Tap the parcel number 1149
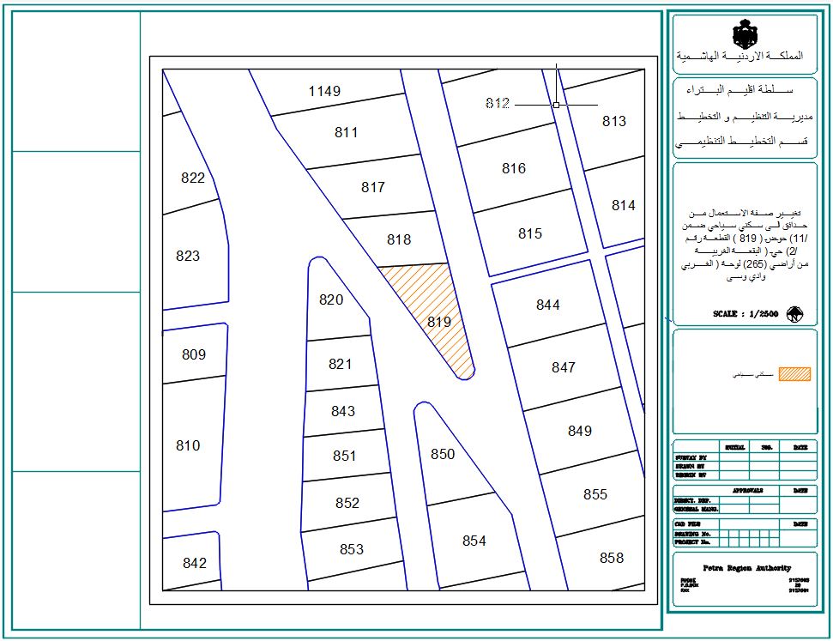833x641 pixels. click(325, 91)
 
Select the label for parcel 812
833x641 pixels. click(498, 104)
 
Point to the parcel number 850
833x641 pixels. click(443, 454)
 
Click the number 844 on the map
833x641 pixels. click(547, 305)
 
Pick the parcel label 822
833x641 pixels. click(193, 178)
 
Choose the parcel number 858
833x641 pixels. click(612, 558)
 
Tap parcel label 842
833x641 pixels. click(195, 563)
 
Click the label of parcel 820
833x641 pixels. click(331, 299)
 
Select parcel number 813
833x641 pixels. click(614, 121)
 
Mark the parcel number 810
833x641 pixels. click(188, 445)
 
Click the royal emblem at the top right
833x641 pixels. click(744, 34)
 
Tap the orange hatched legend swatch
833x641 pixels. click(794, 374)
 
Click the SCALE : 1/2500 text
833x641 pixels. click(745, 314)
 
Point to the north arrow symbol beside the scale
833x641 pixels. click(794, 314)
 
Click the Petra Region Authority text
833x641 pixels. click(746, 568)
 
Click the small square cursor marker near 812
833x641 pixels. click(556, 104)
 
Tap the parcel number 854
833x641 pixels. click(474, 541)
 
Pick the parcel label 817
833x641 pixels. click(373, 187)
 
